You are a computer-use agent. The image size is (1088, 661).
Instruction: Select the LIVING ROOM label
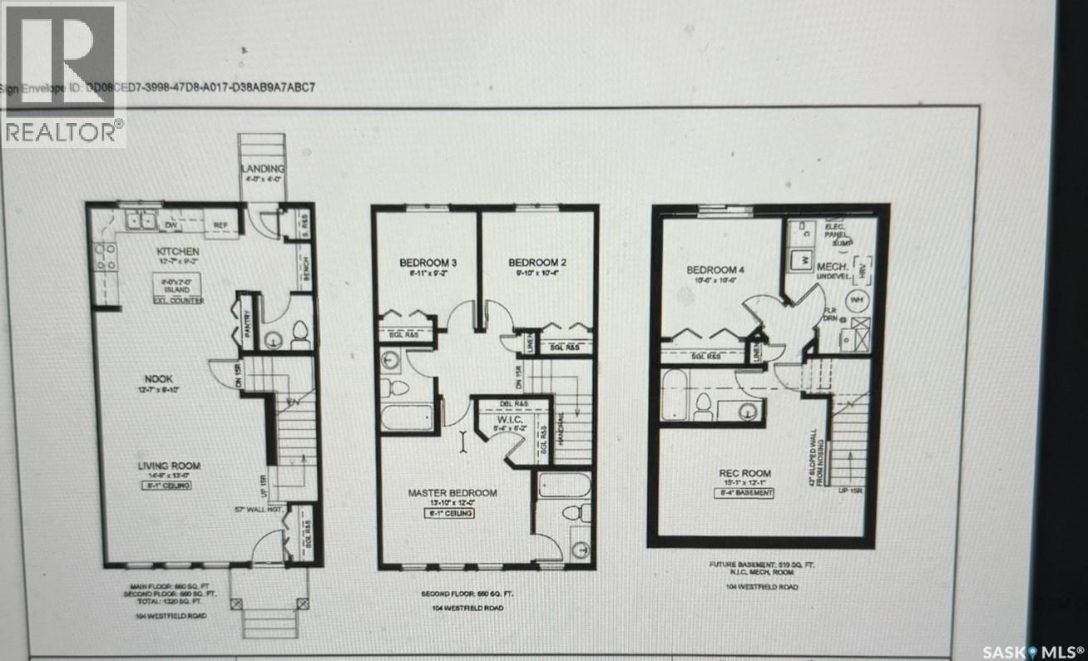pos(169,466)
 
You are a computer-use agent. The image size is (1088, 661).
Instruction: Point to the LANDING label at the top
pos(263,169)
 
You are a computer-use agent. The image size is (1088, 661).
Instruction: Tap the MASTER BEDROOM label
pos(452,493)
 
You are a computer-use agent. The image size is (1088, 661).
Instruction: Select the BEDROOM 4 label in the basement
pos(712,270)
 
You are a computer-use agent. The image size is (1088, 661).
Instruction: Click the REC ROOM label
pos(744,473)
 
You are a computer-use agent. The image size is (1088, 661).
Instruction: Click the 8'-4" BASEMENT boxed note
pos(745,492)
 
